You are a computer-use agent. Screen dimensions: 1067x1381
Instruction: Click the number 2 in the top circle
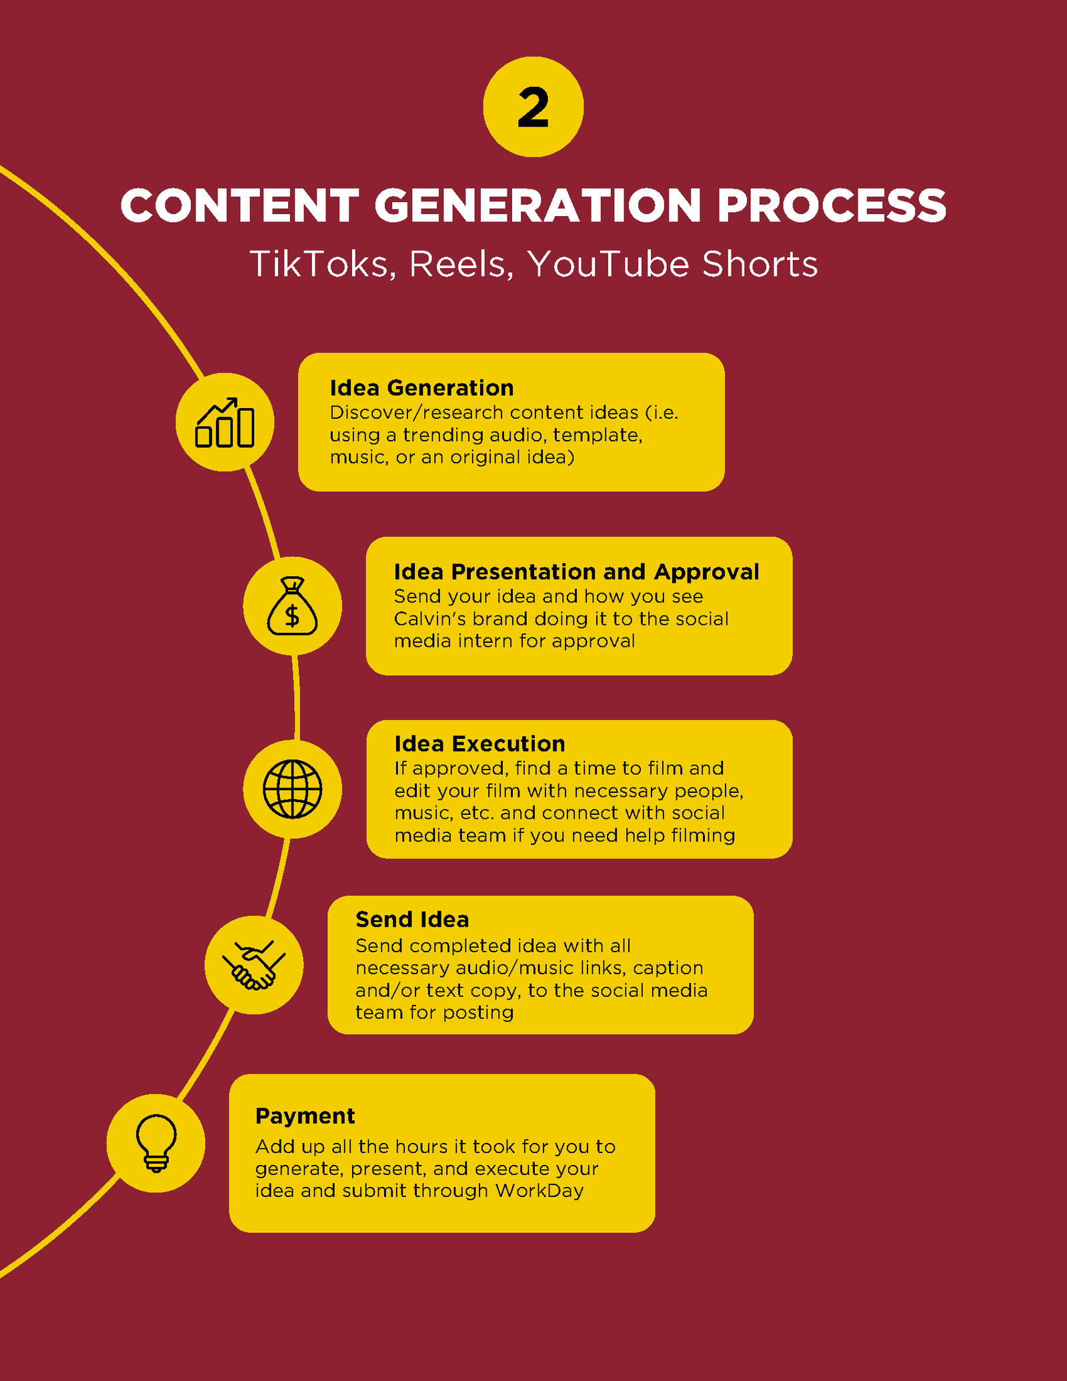click(x=533, y=107)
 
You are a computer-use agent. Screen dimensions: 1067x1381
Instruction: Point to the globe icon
click(x=292, y=789)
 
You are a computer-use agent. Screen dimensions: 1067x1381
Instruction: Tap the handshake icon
click(x=254, y=965)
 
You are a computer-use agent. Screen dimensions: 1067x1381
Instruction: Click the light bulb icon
click(x=156, y=1143)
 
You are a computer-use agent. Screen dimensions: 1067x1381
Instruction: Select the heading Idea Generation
click(x=421, y=387)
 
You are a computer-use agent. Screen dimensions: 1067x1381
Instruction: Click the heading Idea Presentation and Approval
click(x=576, y=571)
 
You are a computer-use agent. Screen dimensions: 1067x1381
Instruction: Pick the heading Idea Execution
click(x=479, y=744)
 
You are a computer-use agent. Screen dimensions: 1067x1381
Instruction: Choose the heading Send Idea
click(x=412, y=920)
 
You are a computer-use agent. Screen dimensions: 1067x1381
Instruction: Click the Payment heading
click(x=305, y=1116)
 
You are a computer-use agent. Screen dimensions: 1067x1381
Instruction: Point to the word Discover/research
click(x=417, y=413)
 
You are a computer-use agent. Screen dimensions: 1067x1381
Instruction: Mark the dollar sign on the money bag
click(x=292, y=615)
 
